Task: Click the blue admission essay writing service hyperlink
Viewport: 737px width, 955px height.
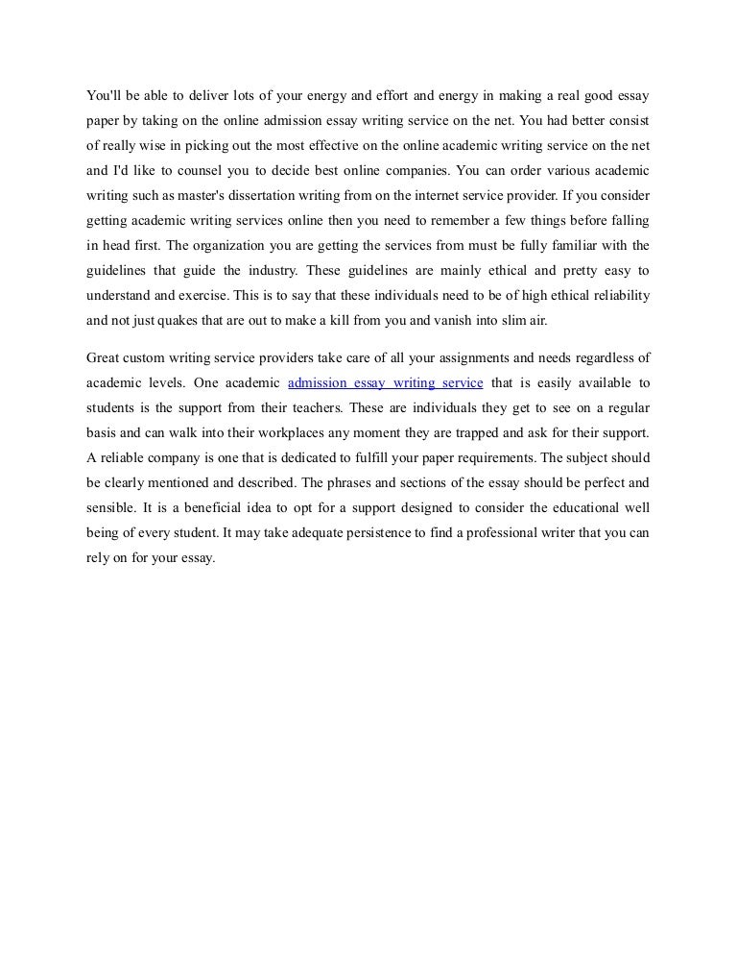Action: (x=385, y=382)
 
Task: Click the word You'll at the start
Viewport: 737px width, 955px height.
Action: (x=104, y=96)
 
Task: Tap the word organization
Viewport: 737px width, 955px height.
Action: (x=240, y=246)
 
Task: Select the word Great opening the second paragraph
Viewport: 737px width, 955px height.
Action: (x=105, y=357)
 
